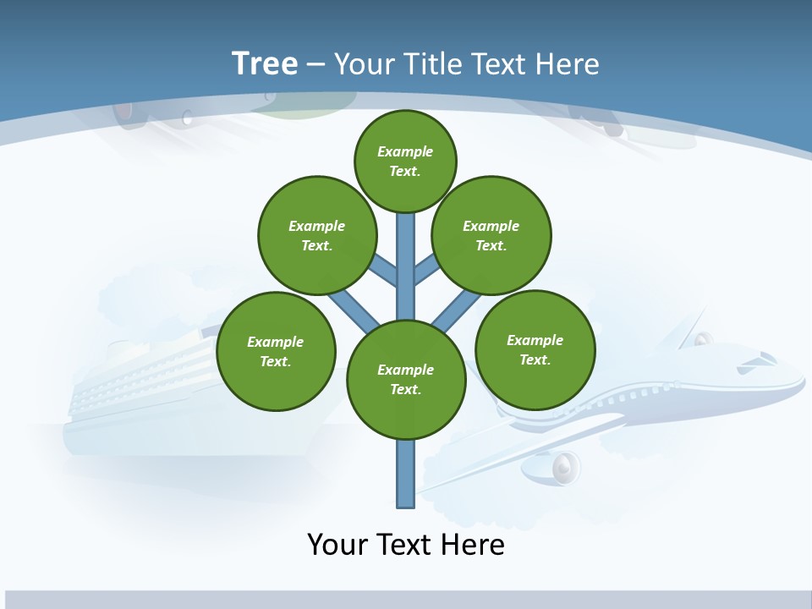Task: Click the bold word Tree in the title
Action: (x=265, y=63)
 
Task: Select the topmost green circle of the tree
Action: (x=405, y=161)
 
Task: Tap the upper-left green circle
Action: (x=316, y=235)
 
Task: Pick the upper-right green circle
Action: (x=491, y=235)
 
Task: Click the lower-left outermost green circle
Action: (x=276, y=351)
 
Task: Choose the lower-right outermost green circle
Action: (x=535, y=349)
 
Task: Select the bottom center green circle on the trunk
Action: (x=406, y=379)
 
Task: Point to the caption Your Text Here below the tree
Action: (x=405, y=544)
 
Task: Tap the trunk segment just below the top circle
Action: (x=406, y=237)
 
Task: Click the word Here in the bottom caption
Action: (x=474, y=544)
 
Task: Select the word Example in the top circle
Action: (x=405, y=151)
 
